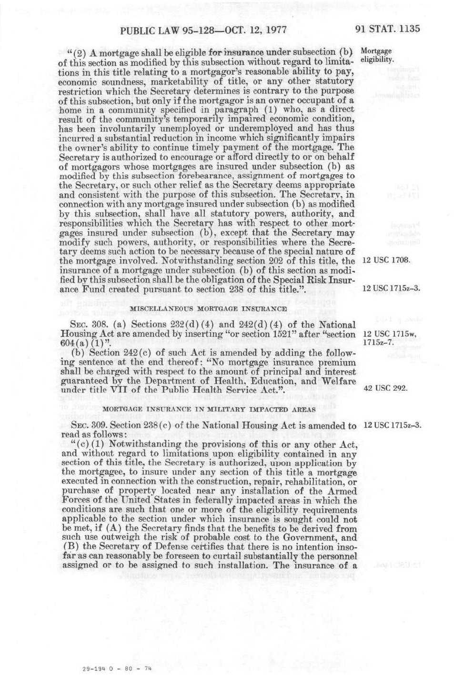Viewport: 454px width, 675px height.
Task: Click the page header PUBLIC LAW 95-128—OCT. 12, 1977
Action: (x=203, y=30)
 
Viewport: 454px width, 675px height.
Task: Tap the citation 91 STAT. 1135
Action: (x=387, y=29)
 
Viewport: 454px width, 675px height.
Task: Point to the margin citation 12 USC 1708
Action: (x=386, y=260)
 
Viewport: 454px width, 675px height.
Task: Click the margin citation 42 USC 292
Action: (x=385, y=388)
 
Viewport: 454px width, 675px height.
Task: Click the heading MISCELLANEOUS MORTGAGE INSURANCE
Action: (x=208, y=309)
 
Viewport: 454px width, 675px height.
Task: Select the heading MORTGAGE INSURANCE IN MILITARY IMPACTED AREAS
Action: (x=209, y=409)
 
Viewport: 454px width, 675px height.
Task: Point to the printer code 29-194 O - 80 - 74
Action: (x=117, y=668)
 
